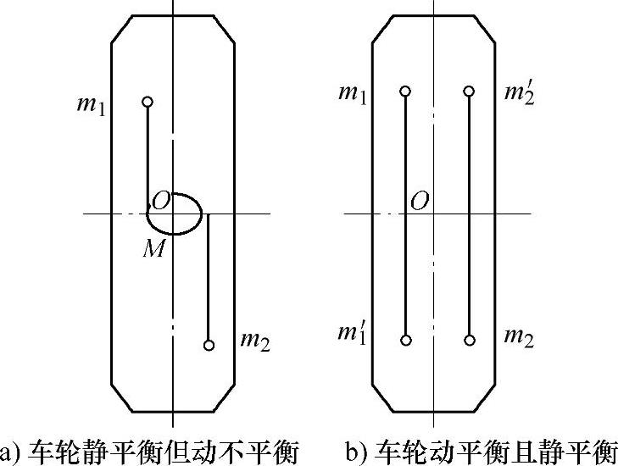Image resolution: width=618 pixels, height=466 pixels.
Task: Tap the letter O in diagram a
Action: (161, 201)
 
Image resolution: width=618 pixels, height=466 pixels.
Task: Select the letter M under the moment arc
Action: (153, 247)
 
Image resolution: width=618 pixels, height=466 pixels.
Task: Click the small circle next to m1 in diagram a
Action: (148, 102)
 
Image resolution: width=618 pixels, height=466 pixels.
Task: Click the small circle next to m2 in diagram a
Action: (209, 345)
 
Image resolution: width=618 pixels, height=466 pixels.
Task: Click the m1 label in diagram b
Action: (353, 92)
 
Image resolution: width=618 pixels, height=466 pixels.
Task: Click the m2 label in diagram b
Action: (518, 337)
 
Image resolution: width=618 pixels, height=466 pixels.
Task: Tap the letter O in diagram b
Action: (419, 201)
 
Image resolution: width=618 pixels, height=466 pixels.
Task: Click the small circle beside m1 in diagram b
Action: (406, 91)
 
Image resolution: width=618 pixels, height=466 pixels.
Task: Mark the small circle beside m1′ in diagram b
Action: (406, 340)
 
